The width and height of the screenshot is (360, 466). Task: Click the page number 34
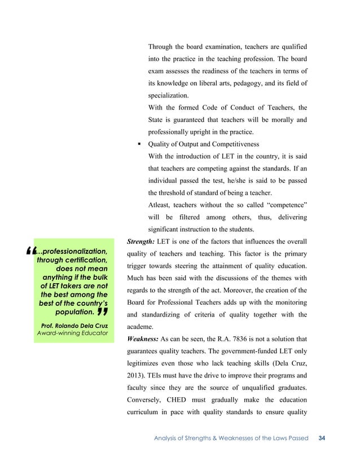click(x=323, y=438)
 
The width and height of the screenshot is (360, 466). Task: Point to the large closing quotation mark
click(x=103, y=311)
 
